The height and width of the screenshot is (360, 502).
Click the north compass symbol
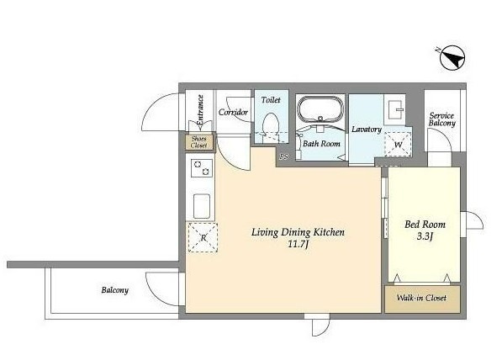[452, 58]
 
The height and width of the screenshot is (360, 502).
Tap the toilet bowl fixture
[270, 127]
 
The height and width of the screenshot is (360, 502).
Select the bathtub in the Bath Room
[320, 109]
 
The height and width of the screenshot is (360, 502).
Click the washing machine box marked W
[398, 144]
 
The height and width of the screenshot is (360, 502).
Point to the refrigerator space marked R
[203, 237]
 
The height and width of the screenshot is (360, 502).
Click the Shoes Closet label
[198, 142]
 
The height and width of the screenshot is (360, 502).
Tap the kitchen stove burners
[202, 168]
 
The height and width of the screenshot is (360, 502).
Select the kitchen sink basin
[202, 206]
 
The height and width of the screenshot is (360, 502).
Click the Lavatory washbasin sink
[394, 109]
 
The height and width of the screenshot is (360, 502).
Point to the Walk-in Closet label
[421, 298]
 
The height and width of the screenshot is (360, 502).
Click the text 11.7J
[298, 245]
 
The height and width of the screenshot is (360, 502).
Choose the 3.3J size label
[425, 236]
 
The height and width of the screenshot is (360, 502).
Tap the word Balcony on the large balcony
[115, 290]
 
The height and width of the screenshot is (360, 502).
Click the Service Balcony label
[441, 119]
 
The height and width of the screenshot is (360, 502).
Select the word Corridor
[233, 112]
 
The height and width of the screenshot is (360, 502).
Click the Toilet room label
[271, 100]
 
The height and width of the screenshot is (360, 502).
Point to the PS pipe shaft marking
[283, 156]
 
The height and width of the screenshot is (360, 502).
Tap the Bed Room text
[425, 225]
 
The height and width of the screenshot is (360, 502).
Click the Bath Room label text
[321, 144]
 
